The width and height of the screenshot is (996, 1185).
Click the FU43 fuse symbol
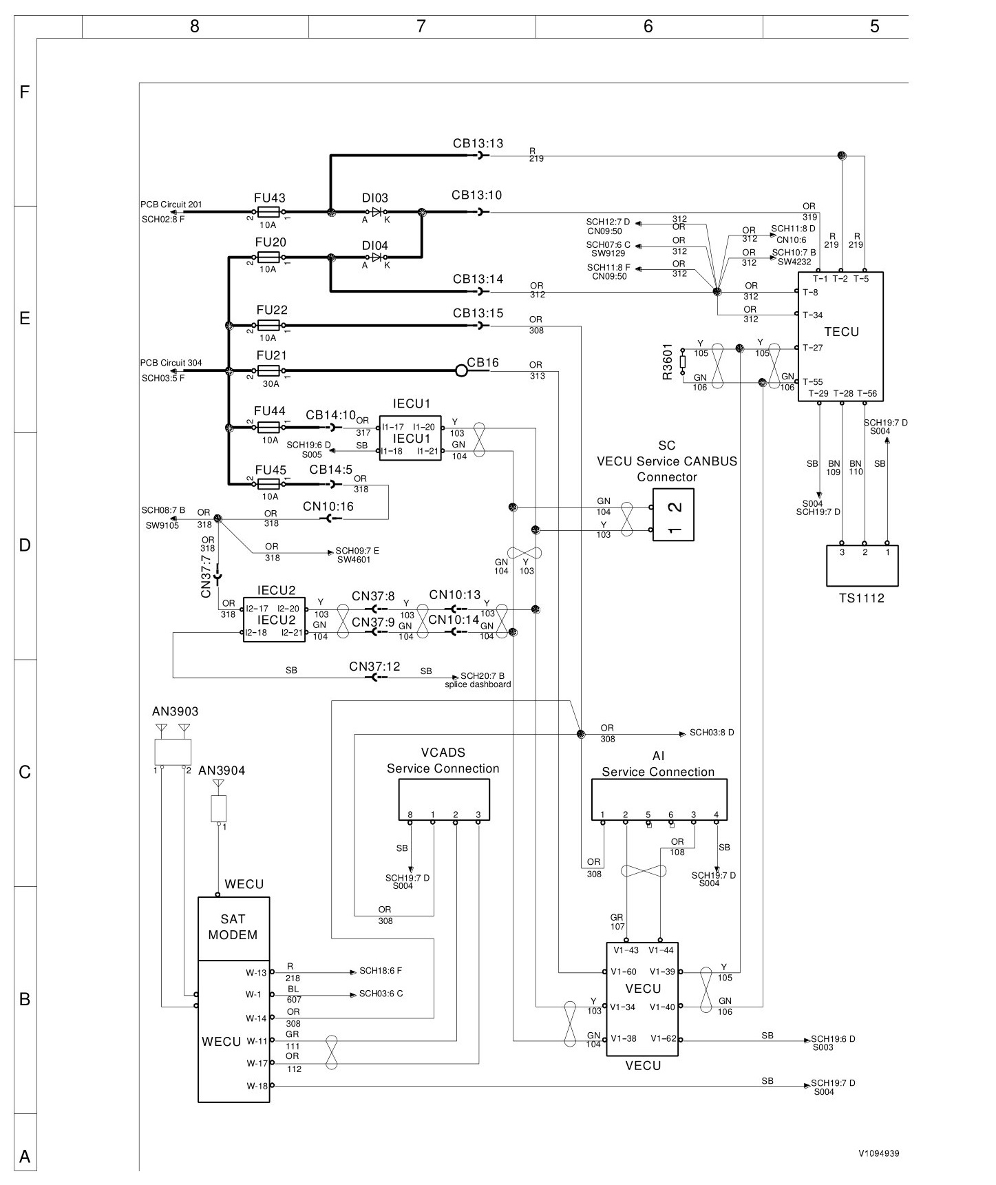coord(268,212)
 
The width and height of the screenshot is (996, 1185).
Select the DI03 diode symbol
coord(376,212)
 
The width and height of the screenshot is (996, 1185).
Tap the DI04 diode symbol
coord(376,258)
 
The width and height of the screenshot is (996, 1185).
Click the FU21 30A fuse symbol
coord(268,371)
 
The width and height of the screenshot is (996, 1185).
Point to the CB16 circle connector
coord(461,371)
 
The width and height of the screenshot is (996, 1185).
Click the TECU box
coord(840,336)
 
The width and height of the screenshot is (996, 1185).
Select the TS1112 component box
coord(862,565)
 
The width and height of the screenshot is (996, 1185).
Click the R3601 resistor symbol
coord(682,361)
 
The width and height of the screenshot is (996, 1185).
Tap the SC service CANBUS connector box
coord(673,515)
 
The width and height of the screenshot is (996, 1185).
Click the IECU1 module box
coord(410,438)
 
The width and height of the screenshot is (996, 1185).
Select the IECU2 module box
coord(274,620)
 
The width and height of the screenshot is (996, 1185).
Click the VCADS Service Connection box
coord(444,799)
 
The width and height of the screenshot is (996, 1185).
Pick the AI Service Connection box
coord(659,799)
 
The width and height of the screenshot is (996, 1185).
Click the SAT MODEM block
coord(233,929)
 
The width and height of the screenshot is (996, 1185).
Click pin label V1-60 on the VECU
coord(624,972)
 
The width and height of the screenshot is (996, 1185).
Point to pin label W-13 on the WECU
coord(256,973)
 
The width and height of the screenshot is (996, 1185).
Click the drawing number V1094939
coord(878,1153)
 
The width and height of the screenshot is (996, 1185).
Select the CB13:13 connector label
coord(478,143)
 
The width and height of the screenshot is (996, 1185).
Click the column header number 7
coord(421,26)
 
